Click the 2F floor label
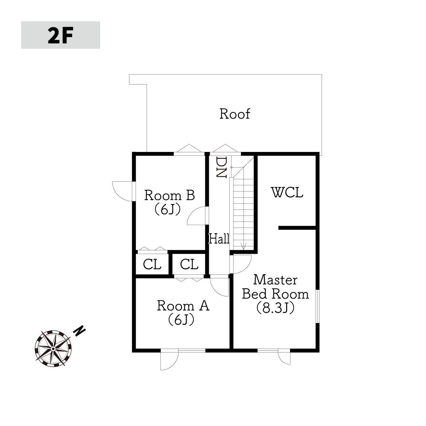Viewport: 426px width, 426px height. [60, 35]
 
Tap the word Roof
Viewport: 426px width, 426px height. [235, 114]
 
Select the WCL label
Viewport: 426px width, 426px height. [287, 192]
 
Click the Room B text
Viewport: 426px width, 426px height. [170, 195]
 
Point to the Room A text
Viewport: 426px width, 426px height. [183, 306]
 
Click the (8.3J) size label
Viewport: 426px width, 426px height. [275, 308]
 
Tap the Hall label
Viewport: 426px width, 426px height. [219, 239]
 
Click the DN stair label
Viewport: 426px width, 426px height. [221, 167]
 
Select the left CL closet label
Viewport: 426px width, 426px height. [152, 264]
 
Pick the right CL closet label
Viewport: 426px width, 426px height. [189, 264]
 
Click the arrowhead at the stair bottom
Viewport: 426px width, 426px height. [244, 247]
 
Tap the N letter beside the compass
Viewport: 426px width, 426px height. [80, 331]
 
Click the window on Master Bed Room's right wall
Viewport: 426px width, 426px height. [317, 306]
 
